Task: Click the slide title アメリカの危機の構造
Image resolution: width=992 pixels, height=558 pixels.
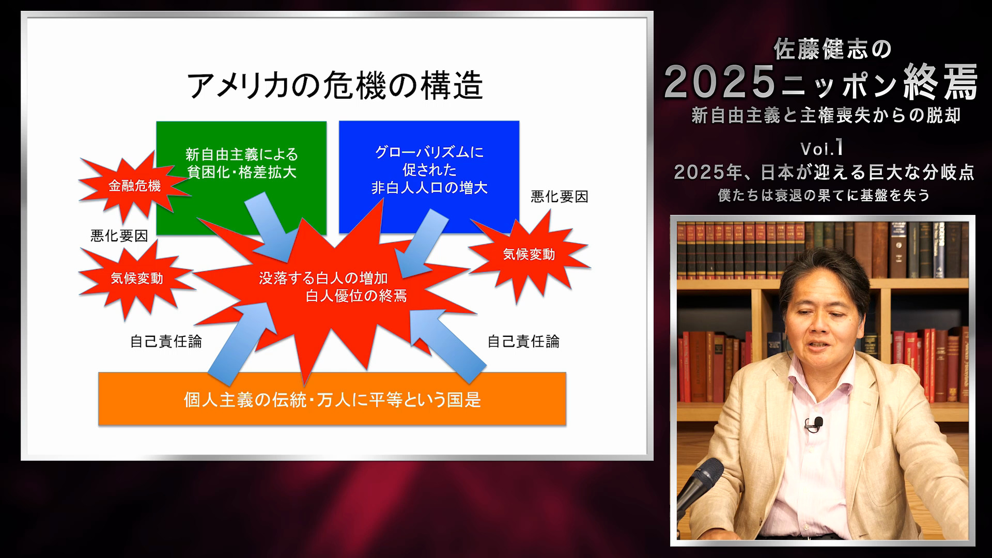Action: click(335, 85)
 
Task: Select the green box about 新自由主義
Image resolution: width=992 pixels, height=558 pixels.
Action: click(241, 163)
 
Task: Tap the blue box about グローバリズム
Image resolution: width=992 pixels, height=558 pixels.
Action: click(429, 170)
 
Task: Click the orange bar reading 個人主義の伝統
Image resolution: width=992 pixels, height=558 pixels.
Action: click(332, 399)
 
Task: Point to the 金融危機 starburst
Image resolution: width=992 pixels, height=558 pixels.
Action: click(134, 186)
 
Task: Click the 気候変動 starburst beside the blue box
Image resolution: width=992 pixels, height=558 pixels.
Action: click(529, 254)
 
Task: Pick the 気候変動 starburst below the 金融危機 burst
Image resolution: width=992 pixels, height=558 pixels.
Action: click(137, 278)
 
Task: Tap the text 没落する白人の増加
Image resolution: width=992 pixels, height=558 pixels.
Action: click(323, 278)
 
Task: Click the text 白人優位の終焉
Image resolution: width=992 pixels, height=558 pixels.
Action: click(356, 296)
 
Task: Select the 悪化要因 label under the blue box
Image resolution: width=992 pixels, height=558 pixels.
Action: click(559, 197)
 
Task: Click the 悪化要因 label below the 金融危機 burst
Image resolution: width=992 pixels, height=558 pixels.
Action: click(119, 236)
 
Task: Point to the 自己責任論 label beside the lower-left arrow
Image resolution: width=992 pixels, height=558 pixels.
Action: click(165, 342)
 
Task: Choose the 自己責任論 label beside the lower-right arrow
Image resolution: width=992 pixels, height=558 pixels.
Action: click(523, 342)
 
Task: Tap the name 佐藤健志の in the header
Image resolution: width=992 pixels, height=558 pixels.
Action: click(832, 50)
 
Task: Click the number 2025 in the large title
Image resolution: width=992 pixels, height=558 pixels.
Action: click(721, 82)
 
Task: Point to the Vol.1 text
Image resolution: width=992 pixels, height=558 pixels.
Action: click(822, 149)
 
